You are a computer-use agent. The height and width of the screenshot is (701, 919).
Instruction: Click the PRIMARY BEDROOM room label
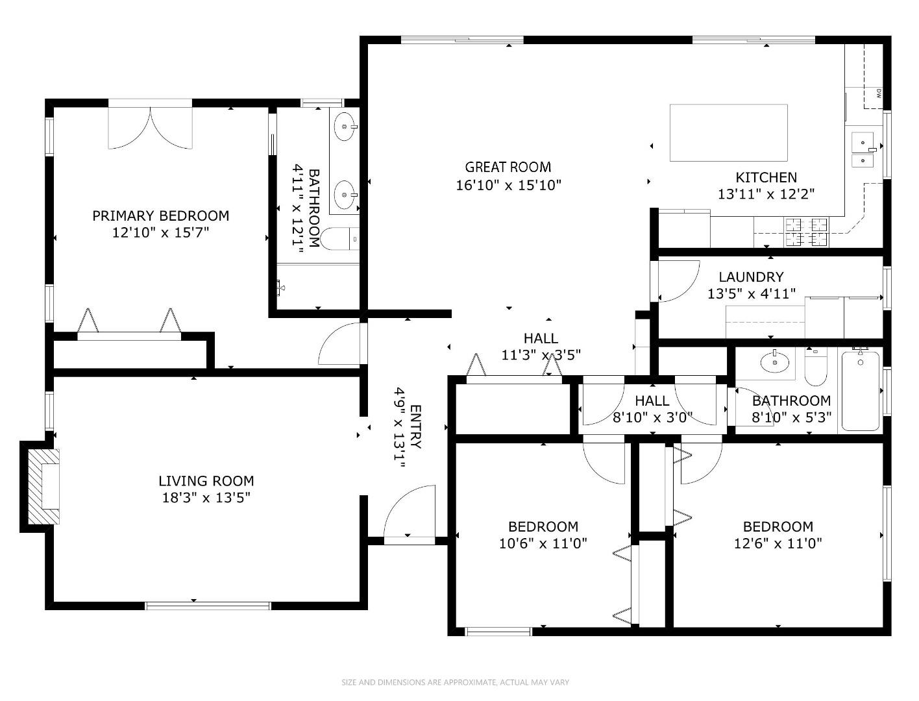pos(160,215)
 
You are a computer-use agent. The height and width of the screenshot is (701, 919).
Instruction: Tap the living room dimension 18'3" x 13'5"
pos(206,498)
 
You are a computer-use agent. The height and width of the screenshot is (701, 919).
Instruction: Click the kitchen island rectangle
pos(728,132)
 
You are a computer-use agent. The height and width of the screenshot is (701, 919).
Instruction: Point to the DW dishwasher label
pos(878,93)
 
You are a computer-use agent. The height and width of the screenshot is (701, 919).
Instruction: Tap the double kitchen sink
pos(863,149)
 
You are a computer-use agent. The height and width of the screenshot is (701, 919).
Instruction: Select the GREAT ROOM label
pos(508,167)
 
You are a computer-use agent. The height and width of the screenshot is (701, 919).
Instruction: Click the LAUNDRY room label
pos(751,277)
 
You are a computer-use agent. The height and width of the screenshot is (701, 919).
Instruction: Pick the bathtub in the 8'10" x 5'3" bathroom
pos(860,391)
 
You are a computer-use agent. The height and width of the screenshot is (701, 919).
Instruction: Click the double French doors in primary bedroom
pos(151,127)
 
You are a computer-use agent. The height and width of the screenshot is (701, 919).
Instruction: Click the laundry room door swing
pos(677,280)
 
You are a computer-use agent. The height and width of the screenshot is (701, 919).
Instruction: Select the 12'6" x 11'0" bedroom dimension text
pos(778,543)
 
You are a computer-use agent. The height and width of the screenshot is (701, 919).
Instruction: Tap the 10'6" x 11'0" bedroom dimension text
pos(543,543)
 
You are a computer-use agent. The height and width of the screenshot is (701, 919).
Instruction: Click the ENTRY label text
pos(416,427)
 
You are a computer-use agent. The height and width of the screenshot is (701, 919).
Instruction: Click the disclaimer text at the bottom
pos(455,682)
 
